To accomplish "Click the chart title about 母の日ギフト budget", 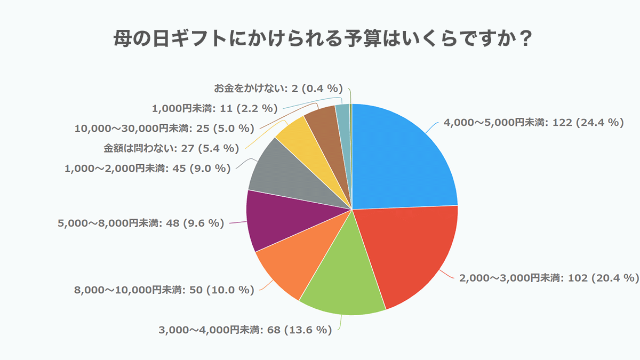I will [320, 40].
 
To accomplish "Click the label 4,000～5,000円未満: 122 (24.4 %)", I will [534, 123].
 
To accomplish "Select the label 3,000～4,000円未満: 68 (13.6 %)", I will [245, 330].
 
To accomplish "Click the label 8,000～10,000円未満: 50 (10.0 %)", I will [164, 290].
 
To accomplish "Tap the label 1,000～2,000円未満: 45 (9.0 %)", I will [148, 169].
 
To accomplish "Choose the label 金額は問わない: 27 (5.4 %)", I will [171, 148].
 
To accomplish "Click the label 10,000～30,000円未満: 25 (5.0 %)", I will [164, 128].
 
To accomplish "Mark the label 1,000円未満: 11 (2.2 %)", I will [215, 108].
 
